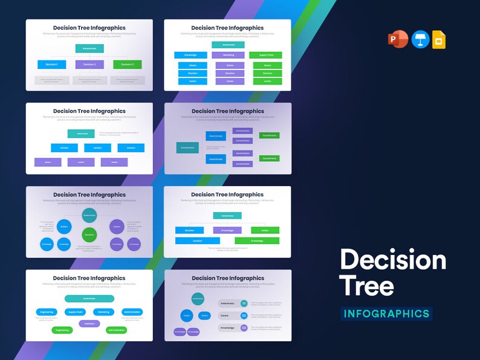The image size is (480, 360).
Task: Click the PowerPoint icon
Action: click(x=400, y=40)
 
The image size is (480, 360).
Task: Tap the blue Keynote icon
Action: click(x=420, y=40)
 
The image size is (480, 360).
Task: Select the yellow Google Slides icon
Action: click(x=439, y=40)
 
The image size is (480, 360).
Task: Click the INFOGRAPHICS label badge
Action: click(x=386, y=313)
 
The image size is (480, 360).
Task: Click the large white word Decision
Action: click(x=393, y=260)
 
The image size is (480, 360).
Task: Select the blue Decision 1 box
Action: click(x=51, y=64)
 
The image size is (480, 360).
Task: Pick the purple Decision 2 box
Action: click(x=89, y=64)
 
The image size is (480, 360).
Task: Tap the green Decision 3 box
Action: click(x=127, y=64)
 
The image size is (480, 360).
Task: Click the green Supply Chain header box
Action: click(x=265, y=55)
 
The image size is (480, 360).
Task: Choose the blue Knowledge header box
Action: click(x=190, y=55)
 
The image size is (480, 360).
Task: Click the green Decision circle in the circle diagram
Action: click(x=89, y=234)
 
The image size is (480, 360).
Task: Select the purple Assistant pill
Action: click(x=89, y=323)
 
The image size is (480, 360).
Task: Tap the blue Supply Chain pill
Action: click(x=76, y=312)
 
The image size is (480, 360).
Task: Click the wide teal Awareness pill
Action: click(x=89, y=298)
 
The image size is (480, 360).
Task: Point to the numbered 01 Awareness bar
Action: click(x=232, y=303)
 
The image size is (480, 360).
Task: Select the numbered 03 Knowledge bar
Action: click(x=232, y=327)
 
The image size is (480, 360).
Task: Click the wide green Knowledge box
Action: click(x=257, y=240)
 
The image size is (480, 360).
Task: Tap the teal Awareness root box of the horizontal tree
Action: click(x=187, y=147)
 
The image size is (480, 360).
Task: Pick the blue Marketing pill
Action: click(x=103, y=312)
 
